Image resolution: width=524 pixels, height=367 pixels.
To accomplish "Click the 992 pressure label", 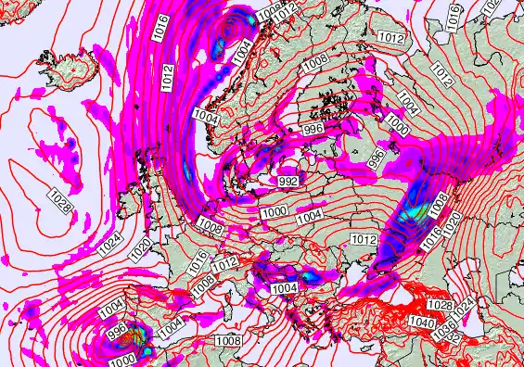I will [x=288, y=182].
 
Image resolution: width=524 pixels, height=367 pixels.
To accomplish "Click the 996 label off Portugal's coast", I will [x=117, y=328].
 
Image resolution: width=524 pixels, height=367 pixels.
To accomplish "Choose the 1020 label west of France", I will [x=140, y=250].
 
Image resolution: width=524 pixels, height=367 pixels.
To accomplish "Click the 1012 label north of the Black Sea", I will [x=364, y=239].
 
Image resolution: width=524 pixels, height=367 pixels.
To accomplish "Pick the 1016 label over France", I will [x=198, y=261].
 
